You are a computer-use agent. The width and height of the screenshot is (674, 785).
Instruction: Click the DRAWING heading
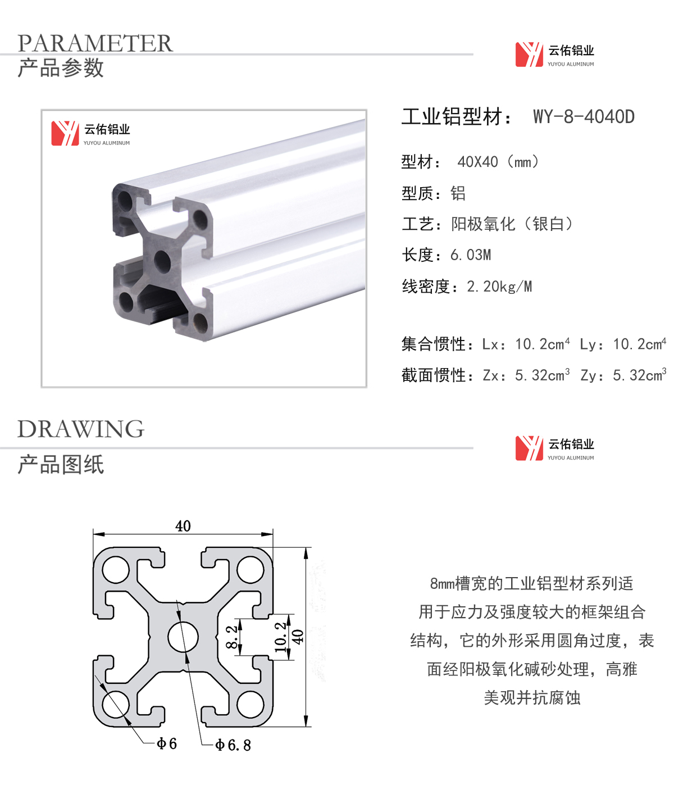(81, 429)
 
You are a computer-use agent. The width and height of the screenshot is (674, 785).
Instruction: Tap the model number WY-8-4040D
(584, 116)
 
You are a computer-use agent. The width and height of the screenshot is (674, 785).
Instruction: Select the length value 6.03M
(471, 255)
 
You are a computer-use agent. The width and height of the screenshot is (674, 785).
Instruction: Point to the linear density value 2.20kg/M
(499, 287)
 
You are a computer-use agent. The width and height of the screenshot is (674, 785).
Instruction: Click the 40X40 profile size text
(477, 162)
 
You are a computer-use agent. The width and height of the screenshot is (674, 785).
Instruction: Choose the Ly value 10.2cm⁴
(640, 343)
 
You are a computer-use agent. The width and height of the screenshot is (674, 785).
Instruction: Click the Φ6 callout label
(167, 743)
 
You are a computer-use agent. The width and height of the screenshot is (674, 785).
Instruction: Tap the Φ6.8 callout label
(233, 745)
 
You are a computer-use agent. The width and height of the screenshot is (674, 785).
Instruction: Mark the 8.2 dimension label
(231, 637)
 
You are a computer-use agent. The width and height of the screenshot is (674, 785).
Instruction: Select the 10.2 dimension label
(280, 637)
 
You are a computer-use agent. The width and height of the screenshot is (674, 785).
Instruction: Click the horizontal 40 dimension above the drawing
(183, 526)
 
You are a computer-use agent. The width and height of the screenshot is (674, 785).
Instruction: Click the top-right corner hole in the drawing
(251, 570)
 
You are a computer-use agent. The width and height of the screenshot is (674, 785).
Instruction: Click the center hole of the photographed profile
(162, 261)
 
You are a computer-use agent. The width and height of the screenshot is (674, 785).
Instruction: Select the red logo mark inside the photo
(65, 133)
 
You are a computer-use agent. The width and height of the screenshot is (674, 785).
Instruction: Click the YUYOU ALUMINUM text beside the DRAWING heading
(570, 457)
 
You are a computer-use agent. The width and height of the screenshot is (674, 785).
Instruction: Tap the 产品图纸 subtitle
(61, 464)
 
